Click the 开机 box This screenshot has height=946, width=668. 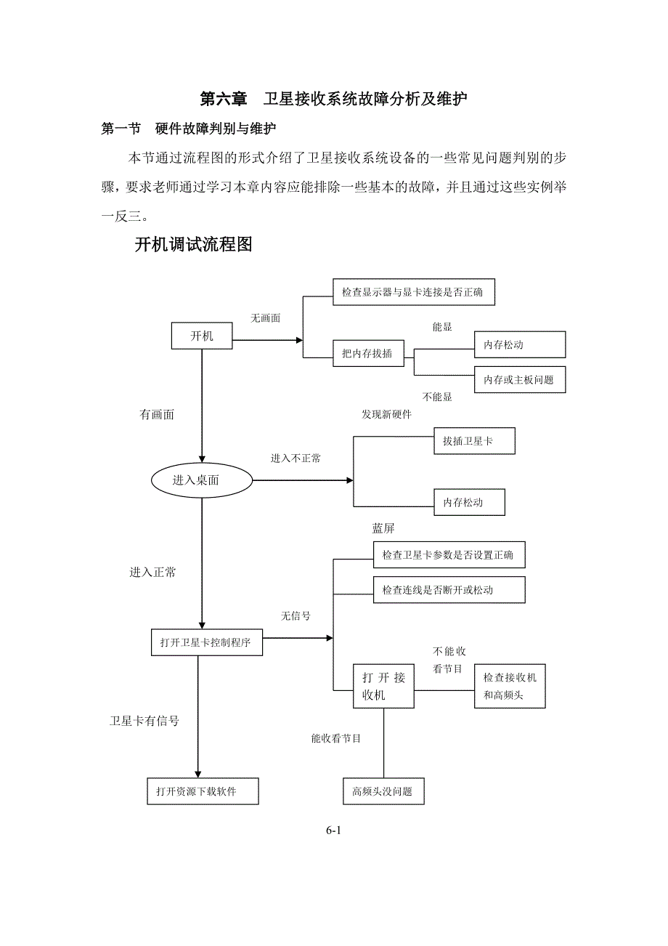tap(202, 336)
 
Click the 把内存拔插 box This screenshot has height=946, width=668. tap(367, 354)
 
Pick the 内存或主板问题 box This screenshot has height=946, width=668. tap(519, 379)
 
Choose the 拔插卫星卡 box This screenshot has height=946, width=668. tap(474, 441)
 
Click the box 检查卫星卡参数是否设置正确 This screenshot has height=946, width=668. tap(448, 555)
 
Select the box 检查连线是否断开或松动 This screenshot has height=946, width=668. tap(448, 589)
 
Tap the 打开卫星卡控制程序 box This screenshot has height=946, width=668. tap(207, 642)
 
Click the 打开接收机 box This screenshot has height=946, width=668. tap(383, 687)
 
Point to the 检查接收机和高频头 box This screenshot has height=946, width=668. tap(510, 687)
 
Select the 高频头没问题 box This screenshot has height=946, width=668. tap(383, 791)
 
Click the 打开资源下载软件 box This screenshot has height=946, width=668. tap(202, 791)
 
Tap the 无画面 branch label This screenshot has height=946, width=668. tap(266, 318)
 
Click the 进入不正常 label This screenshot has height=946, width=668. tap(296, 458)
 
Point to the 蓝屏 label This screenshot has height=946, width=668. tap(383, 528)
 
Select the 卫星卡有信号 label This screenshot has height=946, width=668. tap(144, 721)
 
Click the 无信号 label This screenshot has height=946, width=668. tap(296, 616)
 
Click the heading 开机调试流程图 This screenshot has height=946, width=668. tap(194, 245)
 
